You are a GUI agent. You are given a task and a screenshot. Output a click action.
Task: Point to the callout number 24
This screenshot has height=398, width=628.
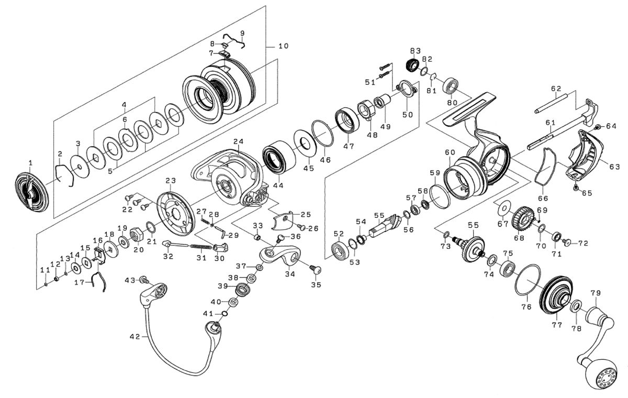(x=239, y=141)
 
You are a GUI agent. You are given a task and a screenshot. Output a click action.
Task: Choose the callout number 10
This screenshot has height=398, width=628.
(x=283, y=46)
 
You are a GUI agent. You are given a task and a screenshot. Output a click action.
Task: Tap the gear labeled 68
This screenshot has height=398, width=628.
(x=523, y=218)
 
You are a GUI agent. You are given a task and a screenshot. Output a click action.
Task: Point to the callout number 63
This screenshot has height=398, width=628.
(x=614, y=167)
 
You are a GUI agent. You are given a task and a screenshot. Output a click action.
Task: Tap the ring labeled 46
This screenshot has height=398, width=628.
(x=323, y=134)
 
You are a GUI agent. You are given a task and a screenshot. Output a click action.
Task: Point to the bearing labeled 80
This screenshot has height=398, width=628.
(x=451, y=86)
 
